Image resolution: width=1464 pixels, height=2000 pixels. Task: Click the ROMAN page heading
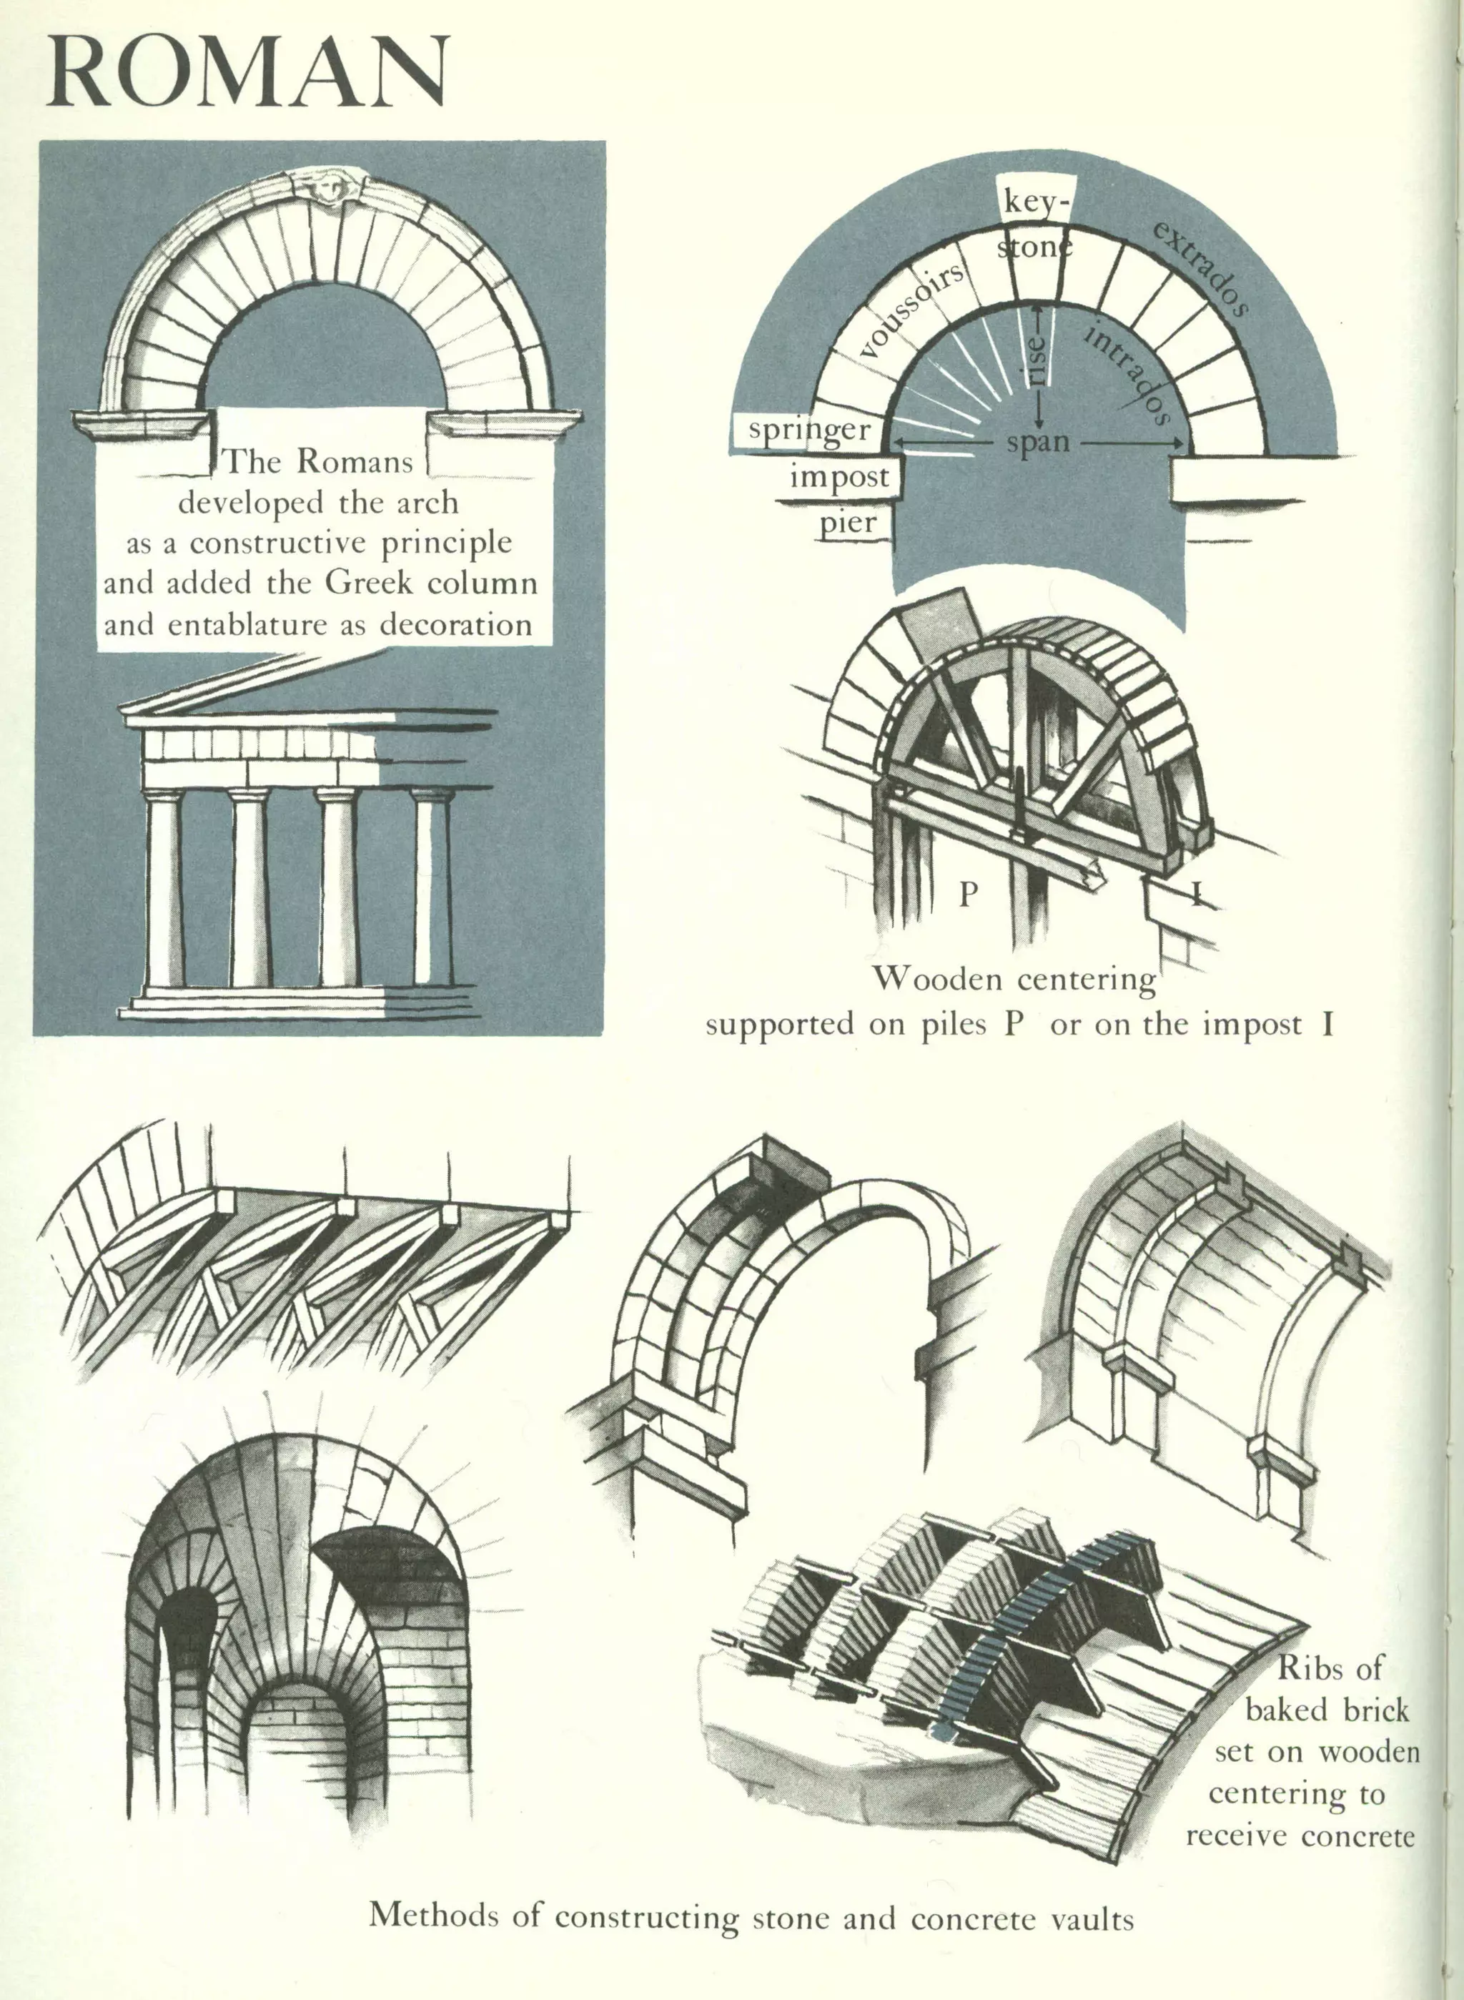pos(248,73)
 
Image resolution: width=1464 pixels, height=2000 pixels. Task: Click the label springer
pos(809,430)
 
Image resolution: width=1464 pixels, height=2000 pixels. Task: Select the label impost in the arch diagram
pos(839,477)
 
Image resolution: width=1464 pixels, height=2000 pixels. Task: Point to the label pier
pos(848,522)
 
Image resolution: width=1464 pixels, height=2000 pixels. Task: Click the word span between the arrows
pos(1038,441)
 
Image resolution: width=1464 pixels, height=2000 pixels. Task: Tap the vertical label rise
pos(1038,359)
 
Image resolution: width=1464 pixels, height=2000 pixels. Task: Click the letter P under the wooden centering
pos(968,895)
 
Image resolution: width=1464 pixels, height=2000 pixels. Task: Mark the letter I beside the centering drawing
pos(1197,895)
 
